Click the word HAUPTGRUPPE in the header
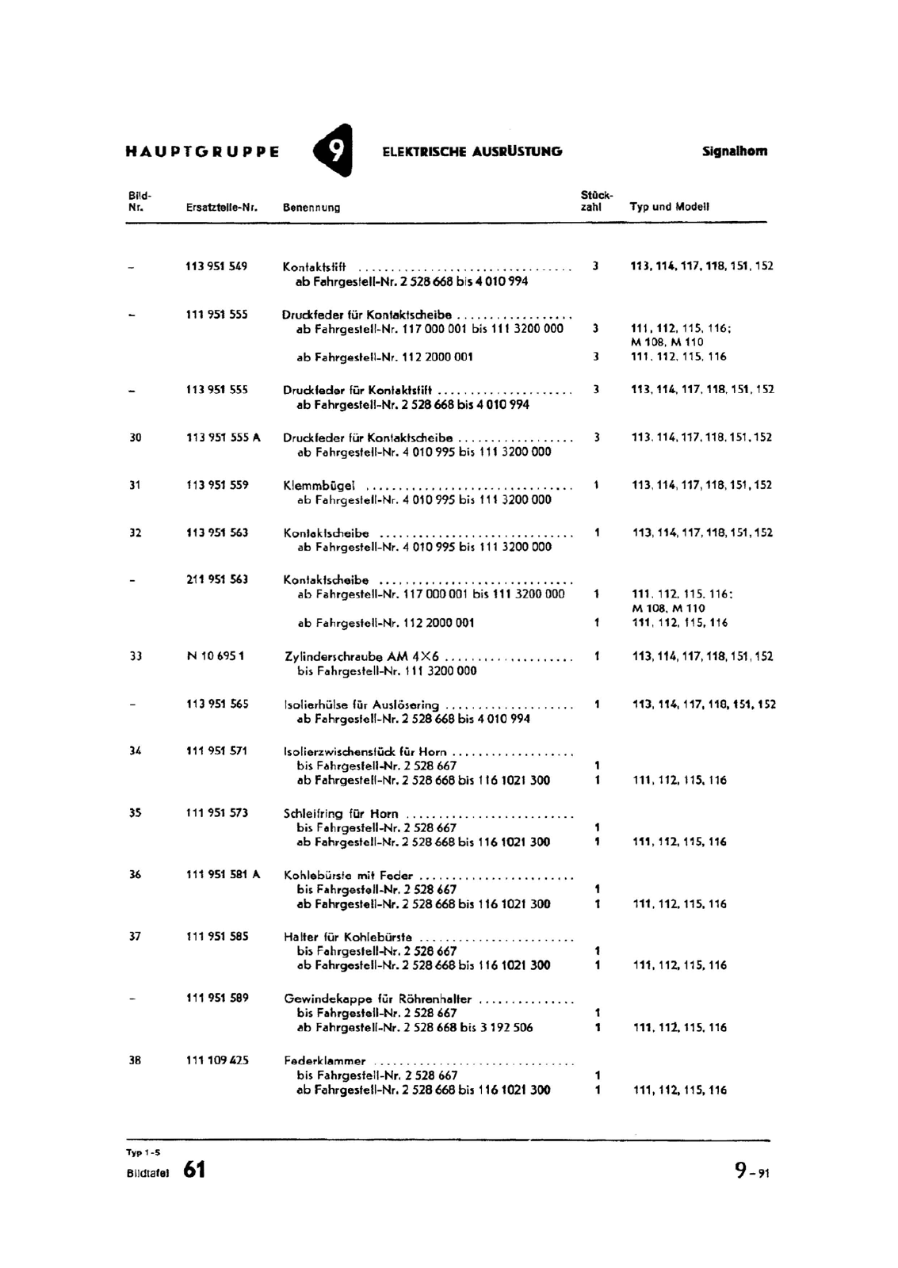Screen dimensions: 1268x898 pos(202,151)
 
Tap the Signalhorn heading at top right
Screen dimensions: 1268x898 pos(734,151)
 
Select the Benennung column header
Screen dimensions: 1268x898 pos(311,208)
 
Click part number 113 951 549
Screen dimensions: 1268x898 pos(216,266)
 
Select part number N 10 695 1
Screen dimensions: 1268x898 pos(215,656)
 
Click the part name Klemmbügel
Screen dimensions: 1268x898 pos(319,485)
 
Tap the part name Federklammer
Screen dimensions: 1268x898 pos(324,1060)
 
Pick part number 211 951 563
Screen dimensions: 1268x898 pos(216,579)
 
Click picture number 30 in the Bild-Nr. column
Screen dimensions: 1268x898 pos(135,437)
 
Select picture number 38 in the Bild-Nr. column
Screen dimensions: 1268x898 pos(135,1060)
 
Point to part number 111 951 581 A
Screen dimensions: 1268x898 pos(223,875)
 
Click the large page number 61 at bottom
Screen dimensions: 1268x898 pos(194,1169)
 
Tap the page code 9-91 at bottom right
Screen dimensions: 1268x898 pos(751,1170)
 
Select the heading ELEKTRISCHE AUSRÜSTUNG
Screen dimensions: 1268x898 pos(472,151)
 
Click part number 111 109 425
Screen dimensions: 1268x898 pos(216,1060)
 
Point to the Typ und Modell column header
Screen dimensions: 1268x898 pos(669,207)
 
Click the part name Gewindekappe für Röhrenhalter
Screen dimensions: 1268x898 pos(377,999)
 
